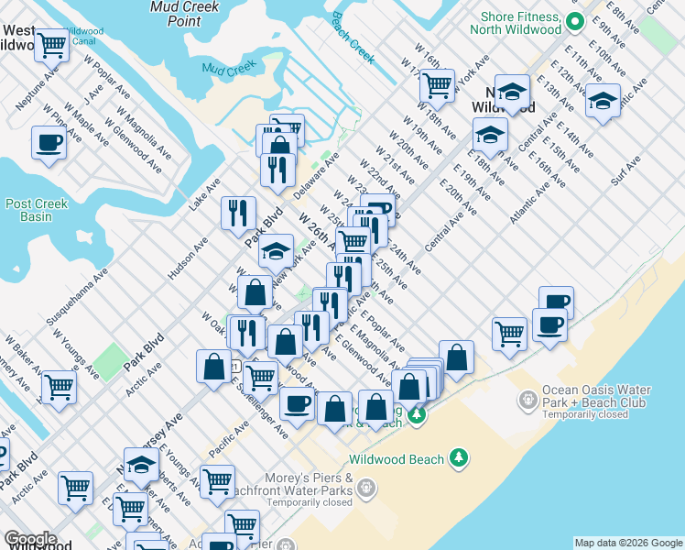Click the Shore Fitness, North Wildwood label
(x=515, y=23)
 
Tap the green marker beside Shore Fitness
(x=575, y=20)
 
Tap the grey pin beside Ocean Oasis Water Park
(x=527, y=400)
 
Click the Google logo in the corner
(x=29, y=539)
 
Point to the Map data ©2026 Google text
(x=627, y=543)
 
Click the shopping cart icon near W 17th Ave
(x=438, y=85)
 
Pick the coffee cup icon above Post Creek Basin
(x=49, y=142)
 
